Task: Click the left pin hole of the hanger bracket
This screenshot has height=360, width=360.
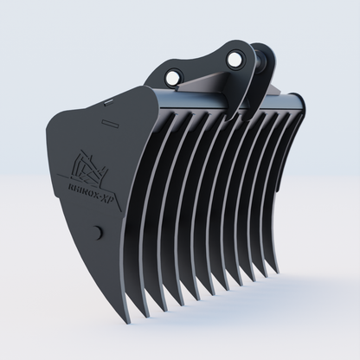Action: [175, 79]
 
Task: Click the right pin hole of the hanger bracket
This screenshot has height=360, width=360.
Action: [235, 59]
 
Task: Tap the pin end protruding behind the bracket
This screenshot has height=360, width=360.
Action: [259, 62]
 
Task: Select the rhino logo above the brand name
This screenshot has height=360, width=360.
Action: [87, 164]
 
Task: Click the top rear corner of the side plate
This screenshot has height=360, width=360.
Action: [156, 90]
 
